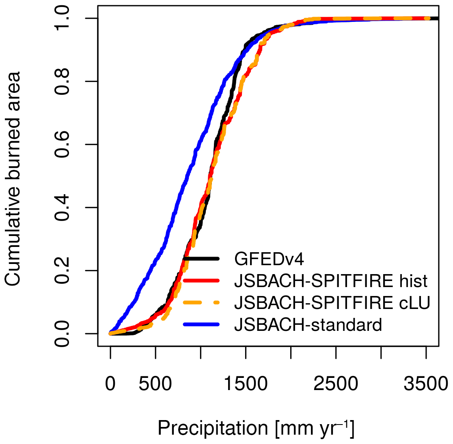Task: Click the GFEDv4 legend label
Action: tap(269, 259)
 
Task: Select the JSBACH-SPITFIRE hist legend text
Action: tap(331, 281)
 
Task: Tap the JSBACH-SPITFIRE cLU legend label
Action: tap(332, 302)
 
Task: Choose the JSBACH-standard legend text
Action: tap(308, 324)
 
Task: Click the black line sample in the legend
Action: tap(201, 259)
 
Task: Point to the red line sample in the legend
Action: tap(201, 281)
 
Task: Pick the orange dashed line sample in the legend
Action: tap(201, 302)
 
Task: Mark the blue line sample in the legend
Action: tap(201, 324)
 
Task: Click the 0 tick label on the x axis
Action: tap(110, 384)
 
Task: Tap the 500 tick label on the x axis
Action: tap(155, 384)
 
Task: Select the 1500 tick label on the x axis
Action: tap(246, 384)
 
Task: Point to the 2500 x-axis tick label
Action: tap(336, 384)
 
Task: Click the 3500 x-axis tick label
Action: tap(426, 384)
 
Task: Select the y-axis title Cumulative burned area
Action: tap(13, 178)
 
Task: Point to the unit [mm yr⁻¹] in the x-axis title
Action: tap(314, 428)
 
